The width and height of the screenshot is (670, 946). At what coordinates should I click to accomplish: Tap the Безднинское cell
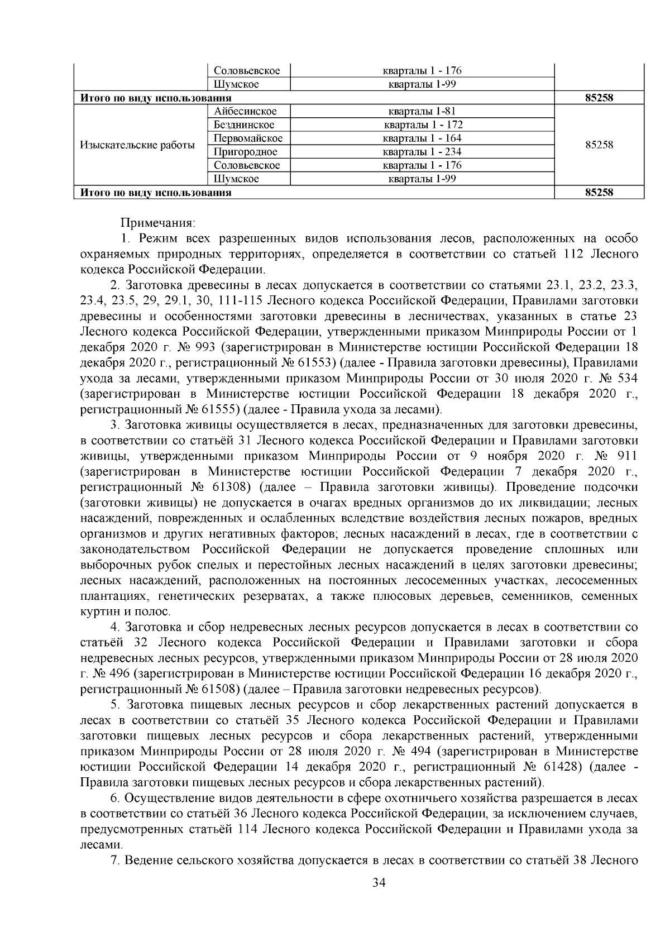pos(244,125)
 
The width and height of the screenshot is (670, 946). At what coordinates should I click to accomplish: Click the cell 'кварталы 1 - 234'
pos(422,152)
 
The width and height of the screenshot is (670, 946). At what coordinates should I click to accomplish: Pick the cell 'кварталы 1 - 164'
pos(422,138)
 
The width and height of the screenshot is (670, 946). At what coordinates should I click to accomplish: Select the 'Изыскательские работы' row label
pos(137,145)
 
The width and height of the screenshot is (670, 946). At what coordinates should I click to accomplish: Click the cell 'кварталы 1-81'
pos(422,112)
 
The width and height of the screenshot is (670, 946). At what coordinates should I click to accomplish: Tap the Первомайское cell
pos(248,138)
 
